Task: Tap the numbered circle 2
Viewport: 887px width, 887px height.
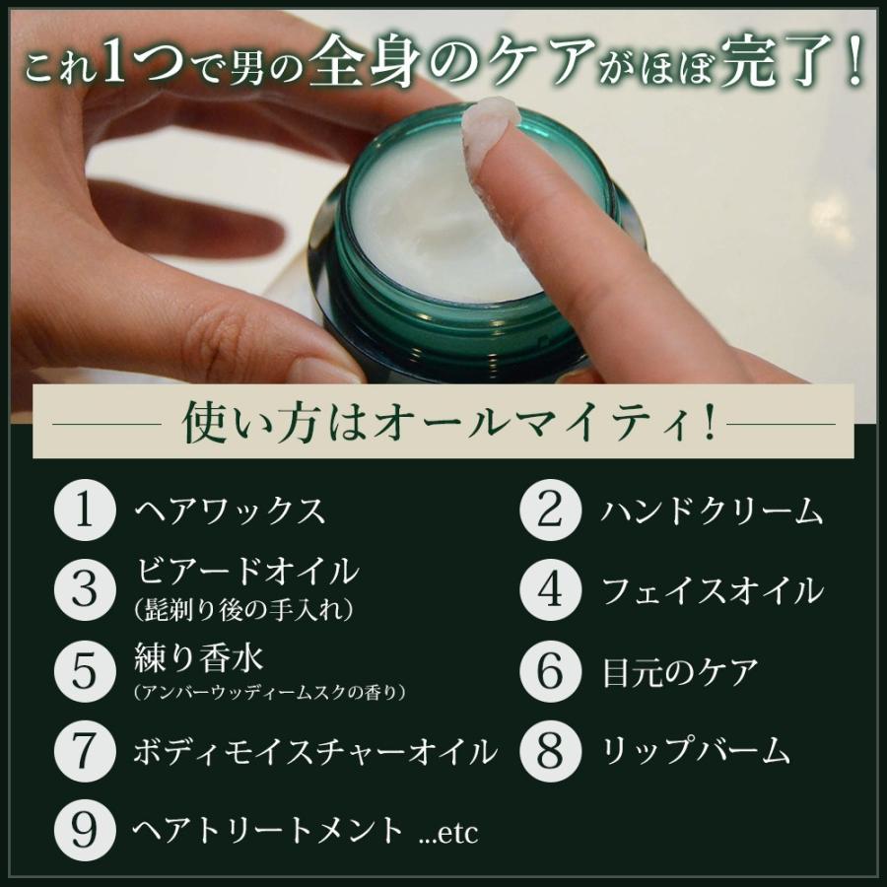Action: (x=552, y=511)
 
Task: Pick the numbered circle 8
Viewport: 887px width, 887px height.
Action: (x=552, y=751)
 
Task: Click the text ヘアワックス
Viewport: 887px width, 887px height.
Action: (x=229, y=511)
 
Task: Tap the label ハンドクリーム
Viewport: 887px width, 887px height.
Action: (x=712, y=511)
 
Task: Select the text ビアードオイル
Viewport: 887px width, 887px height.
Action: (x=245, y=572)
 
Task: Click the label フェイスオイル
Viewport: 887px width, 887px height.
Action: (x=712, y=591)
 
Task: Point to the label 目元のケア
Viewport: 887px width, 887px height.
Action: (x=680, y=672)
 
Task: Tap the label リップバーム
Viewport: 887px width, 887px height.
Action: (x=696, y=752)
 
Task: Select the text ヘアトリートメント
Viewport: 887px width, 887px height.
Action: (x=268, y=831)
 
